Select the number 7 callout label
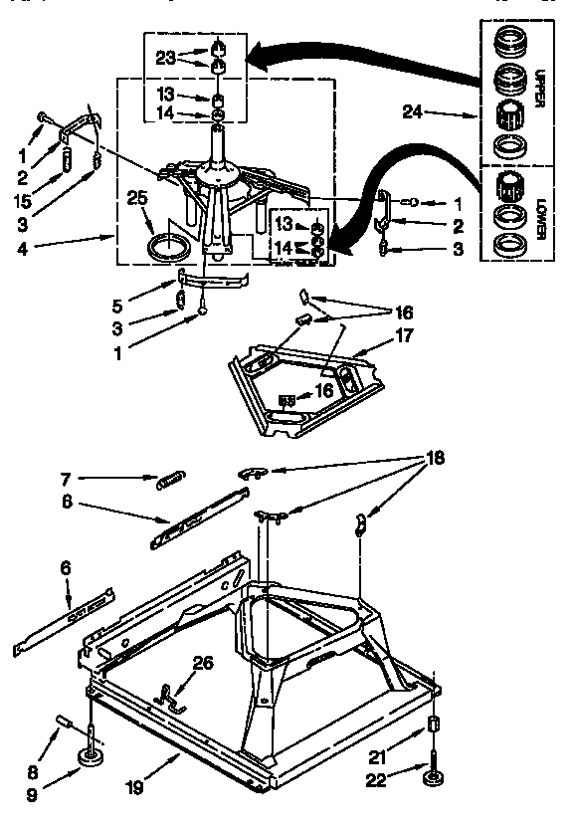point(66,479)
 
